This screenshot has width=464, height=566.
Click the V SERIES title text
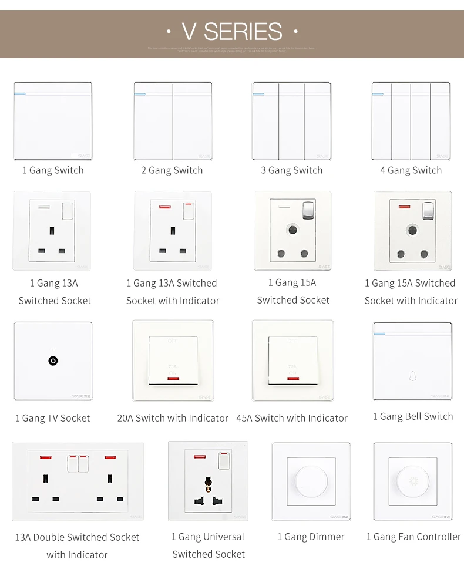click(x=232, y=31)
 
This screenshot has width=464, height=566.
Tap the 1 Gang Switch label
click(x=53, y=170)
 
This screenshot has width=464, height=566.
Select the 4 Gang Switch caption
click(x=411, y=170)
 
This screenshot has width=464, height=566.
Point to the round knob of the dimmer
click(x=311, y=482)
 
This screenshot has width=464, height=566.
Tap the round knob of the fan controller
click(x=412, y=482)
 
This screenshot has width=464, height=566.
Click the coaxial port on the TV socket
click(x=53, y=361)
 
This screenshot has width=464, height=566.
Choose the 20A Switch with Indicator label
click(x=173, y=418)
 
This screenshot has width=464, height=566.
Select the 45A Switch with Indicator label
click(x=292, y=418)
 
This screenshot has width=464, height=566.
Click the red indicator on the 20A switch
click(x=173, y=379)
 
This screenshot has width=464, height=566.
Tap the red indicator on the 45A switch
click(x=292, y=379)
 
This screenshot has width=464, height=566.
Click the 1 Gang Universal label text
click(x=208, y=537)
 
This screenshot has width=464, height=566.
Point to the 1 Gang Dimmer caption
click(x=311, y=537)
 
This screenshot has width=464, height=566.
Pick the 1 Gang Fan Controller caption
click(x=413, y=537)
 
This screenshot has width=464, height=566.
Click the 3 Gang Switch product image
click(x=292, y=122)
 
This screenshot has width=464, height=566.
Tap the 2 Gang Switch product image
click(x=173, y=122)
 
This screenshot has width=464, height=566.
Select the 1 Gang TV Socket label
click(x=53, y=418)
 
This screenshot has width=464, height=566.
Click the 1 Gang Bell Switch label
click(x=413, y=416)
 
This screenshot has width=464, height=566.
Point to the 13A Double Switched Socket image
click(x=78, y=481)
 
